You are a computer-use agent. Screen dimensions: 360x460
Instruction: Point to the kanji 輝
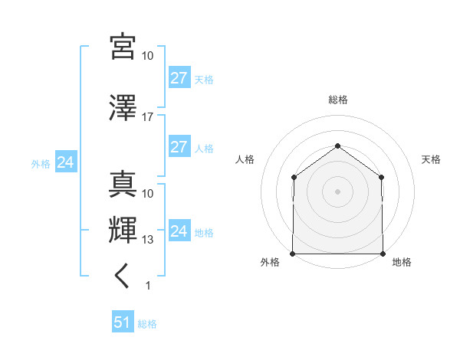click(123, 230)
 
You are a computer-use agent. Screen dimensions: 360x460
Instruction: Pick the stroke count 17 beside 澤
click(148, 117)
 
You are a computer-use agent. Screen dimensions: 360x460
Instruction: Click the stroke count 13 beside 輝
click(148, 240)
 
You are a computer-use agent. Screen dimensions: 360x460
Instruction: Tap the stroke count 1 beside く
click(148, 286)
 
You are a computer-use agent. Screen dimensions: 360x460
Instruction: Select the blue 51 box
click(123, 322)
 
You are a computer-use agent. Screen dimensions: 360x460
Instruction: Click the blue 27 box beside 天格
click(179, 78)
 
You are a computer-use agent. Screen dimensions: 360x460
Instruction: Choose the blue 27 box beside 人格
click(179, 147)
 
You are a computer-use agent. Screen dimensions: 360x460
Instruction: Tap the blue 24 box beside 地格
click(179, 231)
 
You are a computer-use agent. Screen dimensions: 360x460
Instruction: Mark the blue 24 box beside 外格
click(66, 162)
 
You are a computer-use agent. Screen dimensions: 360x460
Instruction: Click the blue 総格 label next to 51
click(147, 324)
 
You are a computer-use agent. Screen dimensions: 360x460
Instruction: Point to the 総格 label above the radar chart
click(337, 100)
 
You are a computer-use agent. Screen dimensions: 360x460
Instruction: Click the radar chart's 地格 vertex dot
click(383, 254)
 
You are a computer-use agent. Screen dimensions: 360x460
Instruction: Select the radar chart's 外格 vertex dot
click(293, 254)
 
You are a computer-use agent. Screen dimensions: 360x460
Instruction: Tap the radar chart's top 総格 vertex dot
click(337, 146)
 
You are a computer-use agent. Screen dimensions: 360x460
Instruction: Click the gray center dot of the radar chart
click(337, 191)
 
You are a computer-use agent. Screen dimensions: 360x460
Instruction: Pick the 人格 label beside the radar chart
click(245, 159)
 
